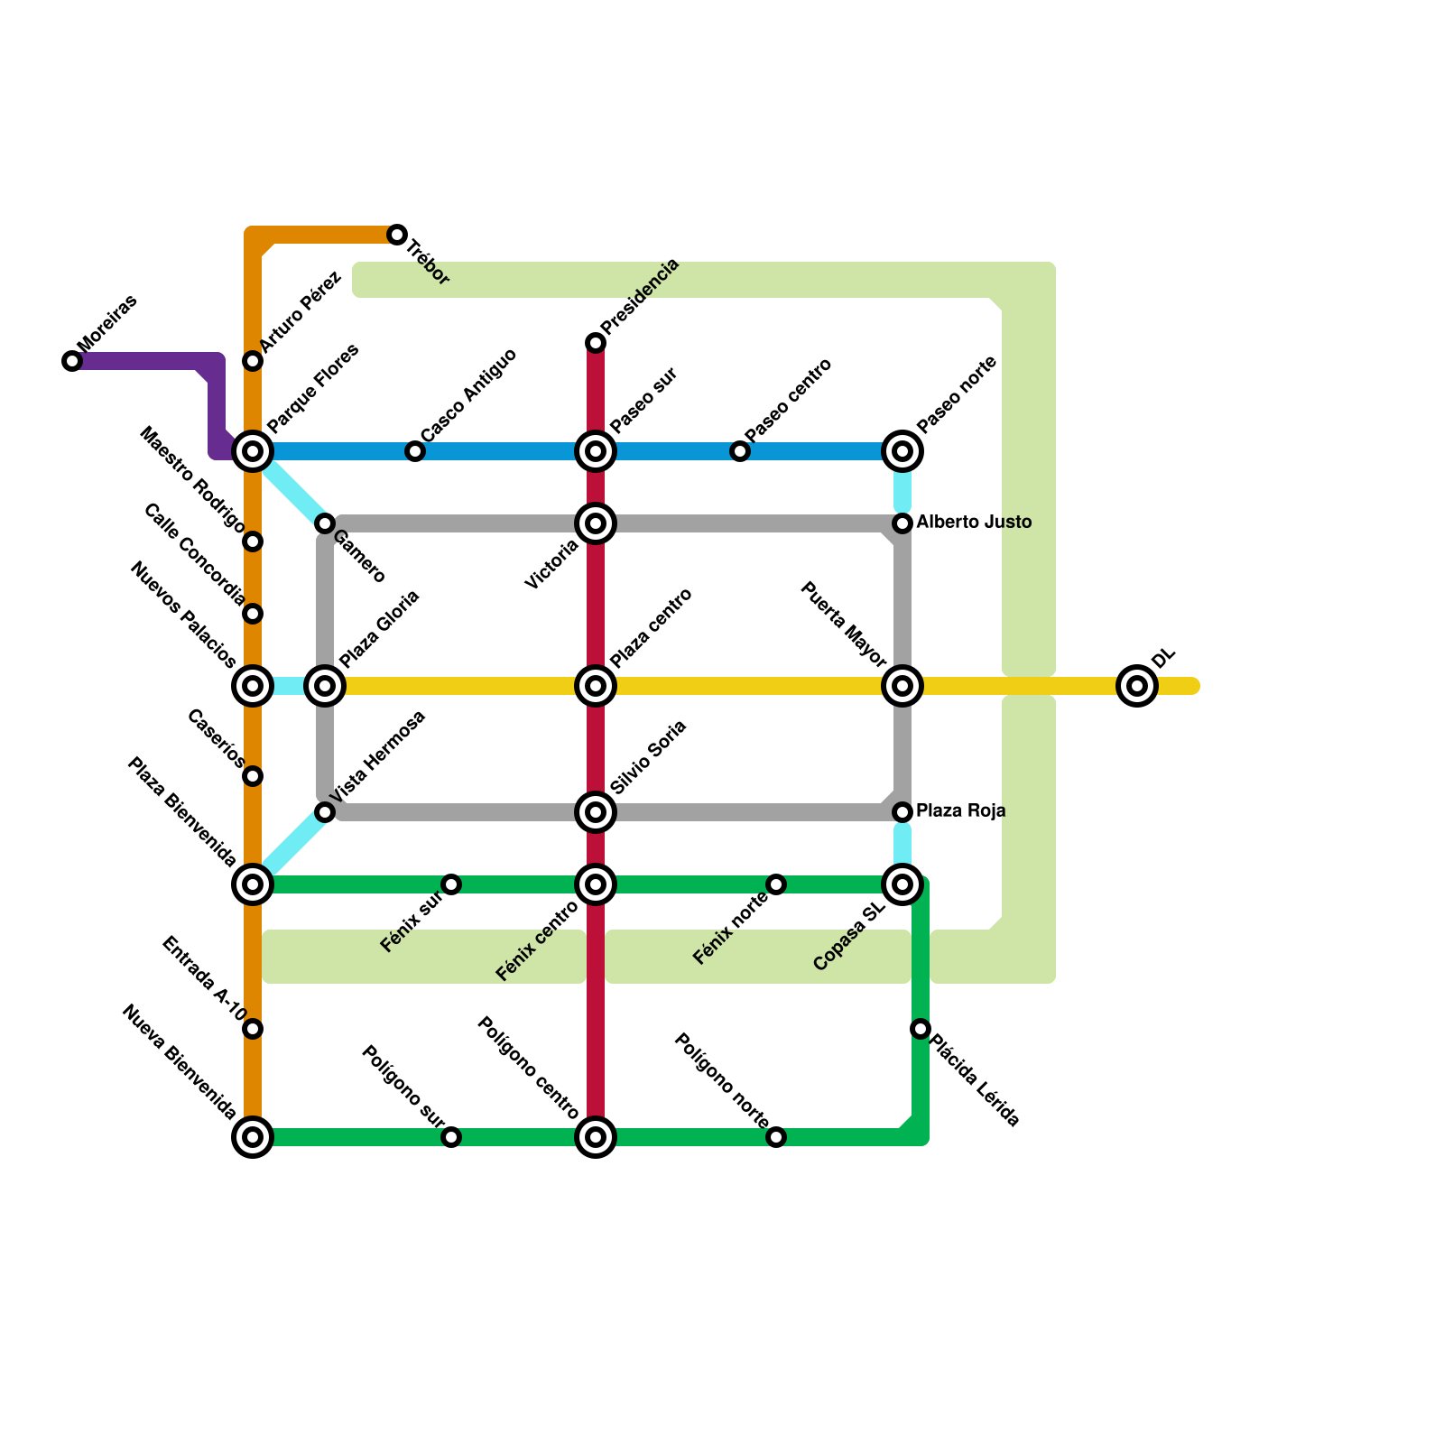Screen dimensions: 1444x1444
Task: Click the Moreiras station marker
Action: pos(72,361)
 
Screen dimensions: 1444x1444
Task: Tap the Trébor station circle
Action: pos(397,235)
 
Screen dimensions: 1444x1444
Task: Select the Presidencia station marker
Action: pos(596,343)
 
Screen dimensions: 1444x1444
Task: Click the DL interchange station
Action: pos(1137,686)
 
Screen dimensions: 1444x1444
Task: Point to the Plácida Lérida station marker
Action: pos(921,1029)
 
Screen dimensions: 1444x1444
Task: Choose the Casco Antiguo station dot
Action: pos(415,451)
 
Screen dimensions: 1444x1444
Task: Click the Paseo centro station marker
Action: pos(740,451)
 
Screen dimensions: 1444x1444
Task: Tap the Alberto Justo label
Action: pos(974,523)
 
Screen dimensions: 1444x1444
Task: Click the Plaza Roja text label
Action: pos(960,811)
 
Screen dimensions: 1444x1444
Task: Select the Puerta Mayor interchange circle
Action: pos(902,686)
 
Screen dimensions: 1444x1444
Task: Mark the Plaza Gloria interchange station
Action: pos(325,686)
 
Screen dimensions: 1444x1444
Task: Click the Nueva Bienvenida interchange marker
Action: pos(253,1137)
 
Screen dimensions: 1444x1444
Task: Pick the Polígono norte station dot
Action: pos(776,1137)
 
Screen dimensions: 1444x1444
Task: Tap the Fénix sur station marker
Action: pos(451,884)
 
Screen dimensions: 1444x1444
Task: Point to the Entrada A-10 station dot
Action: pos(253,1029)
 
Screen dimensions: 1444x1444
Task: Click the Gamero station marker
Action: pos(325,523)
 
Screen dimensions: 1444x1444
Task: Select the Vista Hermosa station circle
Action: pos(325,812)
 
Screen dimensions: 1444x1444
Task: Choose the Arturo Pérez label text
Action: pos(301,312)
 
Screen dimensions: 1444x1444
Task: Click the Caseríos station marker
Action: pos(253,776)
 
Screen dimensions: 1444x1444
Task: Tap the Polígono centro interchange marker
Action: pos(596,1137)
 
